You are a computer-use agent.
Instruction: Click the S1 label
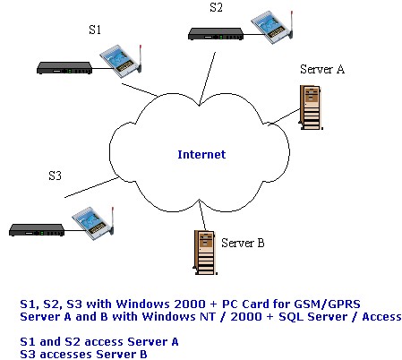click(95, 30)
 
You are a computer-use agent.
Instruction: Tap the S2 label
click(216, 7)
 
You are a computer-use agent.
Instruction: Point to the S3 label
click(56, 176)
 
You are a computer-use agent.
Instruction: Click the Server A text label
click(322, 69)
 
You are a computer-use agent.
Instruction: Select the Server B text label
click(243, 243)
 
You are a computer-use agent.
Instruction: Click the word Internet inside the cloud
click(201, 154)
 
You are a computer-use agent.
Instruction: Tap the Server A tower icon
click(311, 107)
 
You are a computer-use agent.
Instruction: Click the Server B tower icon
click(205, 253)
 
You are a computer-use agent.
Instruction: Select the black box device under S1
click(64, 68)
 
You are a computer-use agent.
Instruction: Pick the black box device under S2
click(216, 34)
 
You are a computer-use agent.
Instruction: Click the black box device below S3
click(37, 230)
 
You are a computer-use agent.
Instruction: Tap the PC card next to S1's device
click(121, 61)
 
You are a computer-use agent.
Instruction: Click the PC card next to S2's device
click(272, 27)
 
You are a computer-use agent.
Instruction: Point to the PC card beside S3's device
click(93, 223)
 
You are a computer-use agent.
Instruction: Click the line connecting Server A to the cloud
click(284, 117)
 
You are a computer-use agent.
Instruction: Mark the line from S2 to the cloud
click(207, 79)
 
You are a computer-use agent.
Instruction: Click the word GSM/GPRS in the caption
click(328, 304)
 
